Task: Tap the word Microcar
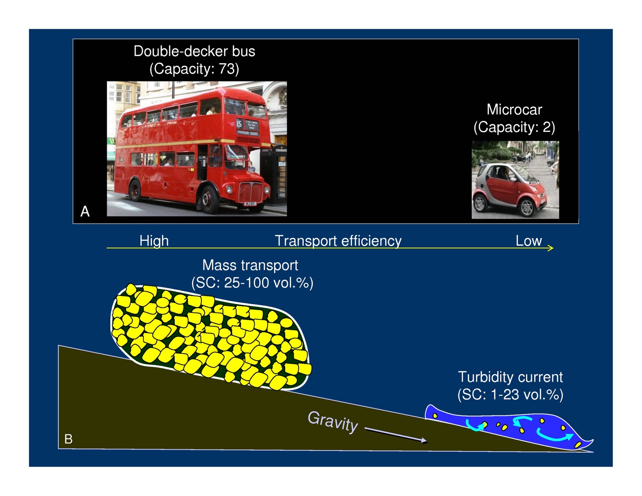point(514,109)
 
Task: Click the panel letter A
point(85,211)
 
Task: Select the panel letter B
point(68,439)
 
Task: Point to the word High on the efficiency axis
point(154,241)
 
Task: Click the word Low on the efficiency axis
point(528,241)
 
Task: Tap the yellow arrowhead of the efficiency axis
point(551,248)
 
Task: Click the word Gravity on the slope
point(333,422)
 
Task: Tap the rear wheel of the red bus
point(134,190)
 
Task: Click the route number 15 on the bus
point(239,124)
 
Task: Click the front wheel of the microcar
point(527,207)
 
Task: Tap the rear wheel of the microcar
point(479,203)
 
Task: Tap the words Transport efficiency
point(338,241)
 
